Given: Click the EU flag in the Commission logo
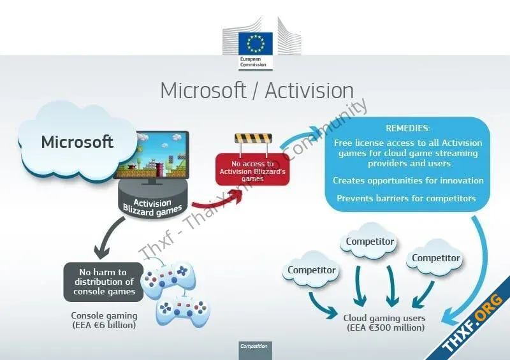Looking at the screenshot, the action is pos(256,43).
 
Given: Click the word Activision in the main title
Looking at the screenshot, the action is pos(309,90).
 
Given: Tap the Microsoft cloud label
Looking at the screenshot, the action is pos(77,142).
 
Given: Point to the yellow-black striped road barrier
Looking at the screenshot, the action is pos(253,139).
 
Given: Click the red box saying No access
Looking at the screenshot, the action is pos(252,169).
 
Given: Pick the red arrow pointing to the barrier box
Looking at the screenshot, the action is pos(219,200).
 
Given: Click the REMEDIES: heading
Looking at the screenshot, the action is pos(407,128).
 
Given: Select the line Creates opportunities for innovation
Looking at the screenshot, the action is pos(408,180).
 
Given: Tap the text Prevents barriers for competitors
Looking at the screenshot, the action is pos(406,198).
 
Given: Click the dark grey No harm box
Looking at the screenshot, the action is pos(104,282).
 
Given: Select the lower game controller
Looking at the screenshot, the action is pos(183,311).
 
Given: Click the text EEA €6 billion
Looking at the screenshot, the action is pos(104,325).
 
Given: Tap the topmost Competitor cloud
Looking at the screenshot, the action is pos(370,241).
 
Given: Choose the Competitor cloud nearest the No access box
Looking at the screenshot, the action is pos(311,270).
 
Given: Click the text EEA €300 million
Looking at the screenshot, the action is pos(386,328).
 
